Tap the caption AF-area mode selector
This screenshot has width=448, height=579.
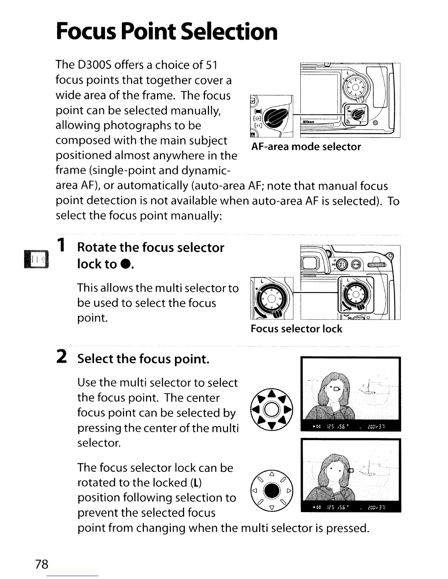[306, 147]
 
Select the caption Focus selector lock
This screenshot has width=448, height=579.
[296, 329]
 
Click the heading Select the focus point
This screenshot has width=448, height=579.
[143, 359]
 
